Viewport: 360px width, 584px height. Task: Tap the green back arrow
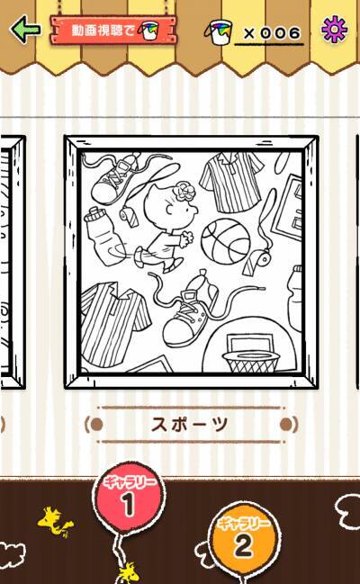(x=25, y=29)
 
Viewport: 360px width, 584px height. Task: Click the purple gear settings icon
(x=334, y=29)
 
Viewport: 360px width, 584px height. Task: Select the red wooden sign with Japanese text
(x=112, y=30)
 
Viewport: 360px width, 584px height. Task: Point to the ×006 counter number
(x=272, y=33)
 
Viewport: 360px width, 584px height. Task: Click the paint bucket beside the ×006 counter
(x=219, y=32)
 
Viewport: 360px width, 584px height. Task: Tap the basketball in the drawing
(x=226, y=240)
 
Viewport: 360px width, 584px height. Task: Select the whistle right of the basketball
(x=256, y=261)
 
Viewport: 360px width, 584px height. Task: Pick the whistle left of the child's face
(x=129, y=217)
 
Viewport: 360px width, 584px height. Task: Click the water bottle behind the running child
(x=103, y=236)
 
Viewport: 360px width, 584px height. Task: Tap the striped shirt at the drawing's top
(x=231, y=182)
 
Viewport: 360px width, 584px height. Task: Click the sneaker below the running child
(x=190, y=317)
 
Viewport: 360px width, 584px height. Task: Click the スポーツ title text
(x=190, y=424)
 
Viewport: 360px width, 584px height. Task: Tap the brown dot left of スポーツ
(x=97, y=424)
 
